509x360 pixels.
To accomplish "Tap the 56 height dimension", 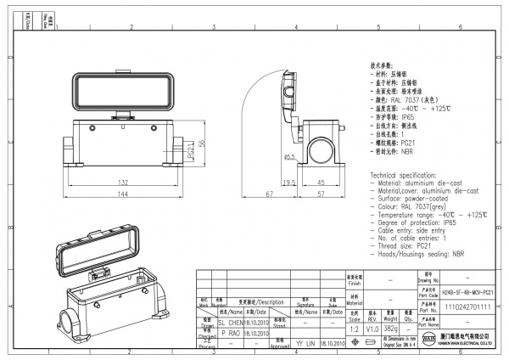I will pyautogui.click(x=201, y=143).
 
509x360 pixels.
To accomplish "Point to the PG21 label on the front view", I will pyautogui.click(x=191, y=153).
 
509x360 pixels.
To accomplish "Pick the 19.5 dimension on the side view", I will pyautogui.click(x=288, y=182).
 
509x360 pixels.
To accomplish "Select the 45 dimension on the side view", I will pyautogui.click(x=322, y=182).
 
